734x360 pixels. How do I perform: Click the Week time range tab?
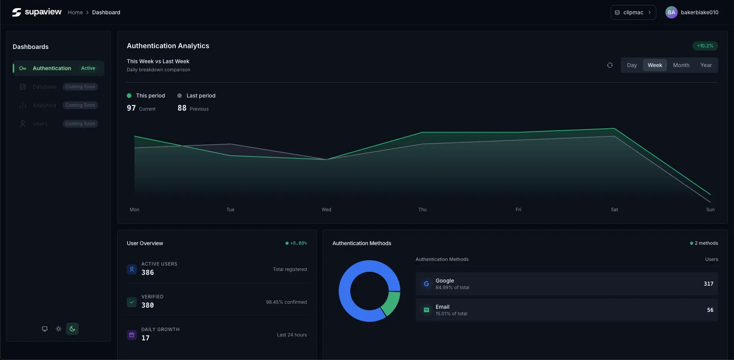655,65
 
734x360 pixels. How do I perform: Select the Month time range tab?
681,65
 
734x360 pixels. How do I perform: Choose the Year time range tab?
706,65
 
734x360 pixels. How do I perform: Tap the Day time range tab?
632,65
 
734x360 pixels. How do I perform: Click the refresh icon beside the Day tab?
610,65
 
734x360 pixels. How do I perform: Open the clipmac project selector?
633,12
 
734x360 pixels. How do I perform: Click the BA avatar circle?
671,12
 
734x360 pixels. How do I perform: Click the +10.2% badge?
705,46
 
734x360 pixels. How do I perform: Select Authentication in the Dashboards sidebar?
52,68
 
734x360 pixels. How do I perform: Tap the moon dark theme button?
72,329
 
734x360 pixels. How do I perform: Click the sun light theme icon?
59,329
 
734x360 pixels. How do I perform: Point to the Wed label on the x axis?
326,210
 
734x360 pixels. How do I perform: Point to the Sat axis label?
614,210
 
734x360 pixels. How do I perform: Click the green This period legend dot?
129,96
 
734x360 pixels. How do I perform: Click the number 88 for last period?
182,108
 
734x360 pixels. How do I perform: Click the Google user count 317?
708,284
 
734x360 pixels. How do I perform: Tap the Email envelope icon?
426,310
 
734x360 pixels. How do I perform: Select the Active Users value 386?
148,273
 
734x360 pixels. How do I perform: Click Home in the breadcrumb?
75,12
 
